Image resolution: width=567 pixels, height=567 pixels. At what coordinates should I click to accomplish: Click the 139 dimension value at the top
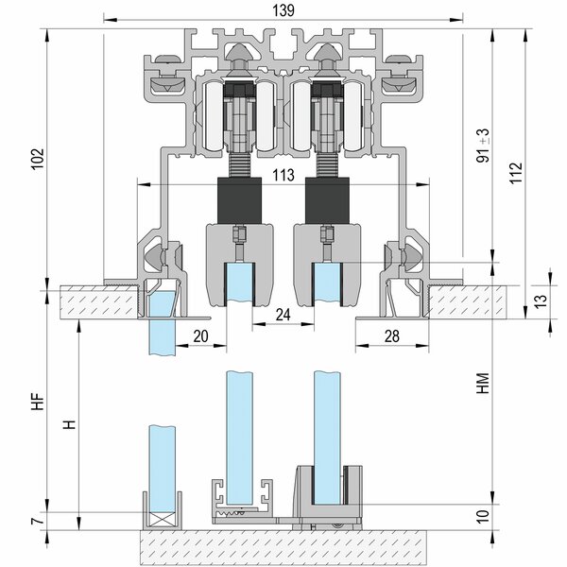283,10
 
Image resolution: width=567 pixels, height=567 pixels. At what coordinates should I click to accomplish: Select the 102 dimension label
38,159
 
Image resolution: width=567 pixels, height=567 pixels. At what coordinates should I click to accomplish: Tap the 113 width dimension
283,175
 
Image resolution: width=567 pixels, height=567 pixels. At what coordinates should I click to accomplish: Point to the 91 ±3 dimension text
483,146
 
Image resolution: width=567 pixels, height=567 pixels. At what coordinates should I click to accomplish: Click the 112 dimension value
516,173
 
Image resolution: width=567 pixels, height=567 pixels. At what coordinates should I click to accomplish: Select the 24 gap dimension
283,315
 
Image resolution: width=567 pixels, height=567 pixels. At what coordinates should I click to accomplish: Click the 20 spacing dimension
200,336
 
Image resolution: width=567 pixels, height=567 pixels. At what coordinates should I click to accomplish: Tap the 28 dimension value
392,336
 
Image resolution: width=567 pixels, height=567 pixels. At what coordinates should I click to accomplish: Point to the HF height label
38,402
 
